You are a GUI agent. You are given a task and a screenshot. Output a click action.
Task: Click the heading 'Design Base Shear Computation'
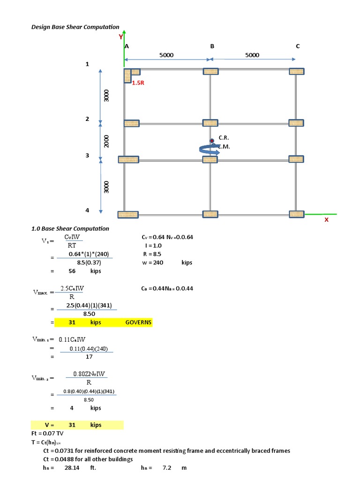(75, 27)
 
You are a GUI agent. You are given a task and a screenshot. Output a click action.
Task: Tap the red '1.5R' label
(138, 82)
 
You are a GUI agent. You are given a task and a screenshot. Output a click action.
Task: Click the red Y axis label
(120, 37)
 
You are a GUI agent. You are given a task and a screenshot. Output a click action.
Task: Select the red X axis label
(326, 219)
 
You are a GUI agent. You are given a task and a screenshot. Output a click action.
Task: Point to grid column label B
(212, 46)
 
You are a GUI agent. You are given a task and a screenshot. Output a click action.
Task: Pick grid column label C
(298, 46)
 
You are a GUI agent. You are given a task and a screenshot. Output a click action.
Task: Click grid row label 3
(87, 156)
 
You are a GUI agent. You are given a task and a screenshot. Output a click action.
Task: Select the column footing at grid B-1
(210, 71)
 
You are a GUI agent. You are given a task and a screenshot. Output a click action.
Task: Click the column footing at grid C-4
(296, 214)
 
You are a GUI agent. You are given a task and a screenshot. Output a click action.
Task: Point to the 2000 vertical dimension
(106, 142)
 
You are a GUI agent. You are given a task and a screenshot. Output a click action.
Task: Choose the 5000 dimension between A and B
(166, 55)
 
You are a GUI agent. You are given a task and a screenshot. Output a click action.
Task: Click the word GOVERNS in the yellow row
(138, 322)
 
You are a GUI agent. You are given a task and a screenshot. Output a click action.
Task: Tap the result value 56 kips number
(72, 271)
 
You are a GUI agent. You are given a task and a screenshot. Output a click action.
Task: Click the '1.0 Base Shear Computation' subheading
(70, 229)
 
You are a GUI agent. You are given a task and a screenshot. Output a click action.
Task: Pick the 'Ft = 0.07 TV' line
(47, 434)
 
